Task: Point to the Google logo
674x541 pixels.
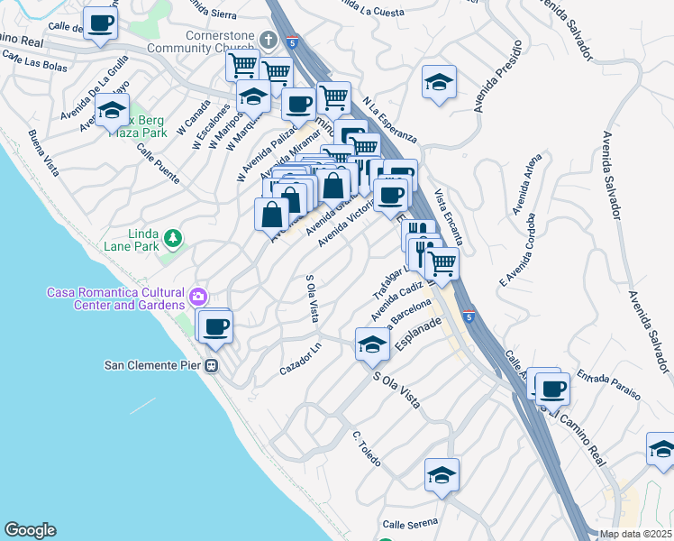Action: tap(30, 530)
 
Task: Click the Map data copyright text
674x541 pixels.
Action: tap(636, 534)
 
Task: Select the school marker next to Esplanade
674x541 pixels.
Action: tap(372, 344)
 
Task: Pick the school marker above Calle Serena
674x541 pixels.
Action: tap(442, 474)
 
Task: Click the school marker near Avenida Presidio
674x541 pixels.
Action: tap(439, 82)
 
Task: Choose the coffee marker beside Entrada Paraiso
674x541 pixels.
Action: tap(551, 389)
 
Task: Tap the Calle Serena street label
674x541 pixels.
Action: tap(409, 523)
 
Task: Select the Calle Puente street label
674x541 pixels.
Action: tap(158, 165)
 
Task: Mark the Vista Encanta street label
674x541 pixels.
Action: tap(448, 216)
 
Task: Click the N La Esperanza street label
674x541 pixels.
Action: tap(389, 118)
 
